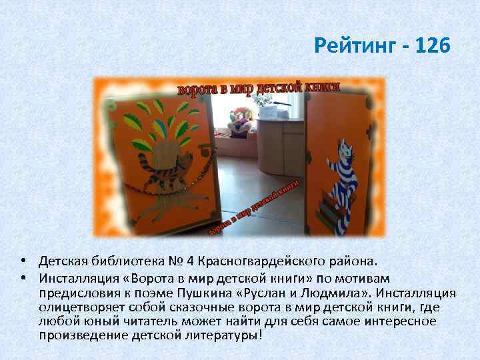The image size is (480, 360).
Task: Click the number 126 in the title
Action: (432, 47)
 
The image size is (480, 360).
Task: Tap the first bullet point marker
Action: (23, 259)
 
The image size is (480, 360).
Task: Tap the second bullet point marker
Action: (23, 277)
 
